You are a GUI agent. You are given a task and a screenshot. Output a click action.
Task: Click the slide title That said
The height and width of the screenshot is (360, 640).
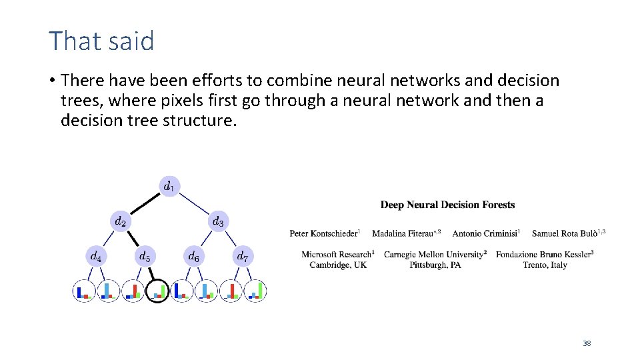101,41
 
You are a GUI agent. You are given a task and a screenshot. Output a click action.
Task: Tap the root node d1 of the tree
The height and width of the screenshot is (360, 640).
169,186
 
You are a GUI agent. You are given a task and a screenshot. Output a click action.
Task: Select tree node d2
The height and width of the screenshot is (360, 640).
121,221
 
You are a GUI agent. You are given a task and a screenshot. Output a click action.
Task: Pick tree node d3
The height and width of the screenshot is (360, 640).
218,221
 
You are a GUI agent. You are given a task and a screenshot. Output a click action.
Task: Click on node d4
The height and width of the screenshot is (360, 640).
96,256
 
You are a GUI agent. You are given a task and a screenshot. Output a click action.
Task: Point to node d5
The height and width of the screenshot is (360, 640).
145,256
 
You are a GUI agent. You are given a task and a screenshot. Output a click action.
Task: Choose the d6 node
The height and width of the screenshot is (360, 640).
193,256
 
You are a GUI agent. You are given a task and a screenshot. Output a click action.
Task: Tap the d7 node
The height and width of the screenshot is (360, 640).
242,256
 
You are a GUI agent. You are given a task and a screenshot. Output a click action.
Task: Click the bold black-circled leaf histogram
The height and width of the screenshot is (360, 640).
157,291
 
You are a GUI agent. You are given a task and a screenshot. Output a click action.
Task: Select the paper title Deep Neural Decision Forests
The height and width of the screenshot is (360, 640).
447,205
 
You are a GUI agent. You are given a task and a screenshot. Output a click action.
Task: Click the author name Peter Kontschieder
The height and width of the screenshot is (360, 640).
324,233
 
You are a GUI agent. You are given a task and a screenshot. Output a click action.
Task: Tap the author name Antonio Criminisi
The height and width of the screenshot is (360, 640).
485,233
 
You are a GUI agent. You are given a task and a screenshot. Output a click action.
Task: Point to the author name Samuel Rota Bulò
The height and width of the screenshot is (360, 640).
566,233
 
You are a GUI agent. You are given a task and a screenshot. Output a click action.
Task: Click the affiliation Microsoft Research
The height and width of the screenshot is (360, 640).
337,254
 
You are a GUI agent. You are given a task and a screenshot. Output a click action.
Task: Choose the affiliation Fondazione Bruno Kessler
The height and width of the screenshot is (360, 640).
544,254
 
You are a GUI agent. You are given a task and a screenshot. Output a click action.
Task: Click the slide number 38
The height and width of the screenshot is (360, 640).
587,343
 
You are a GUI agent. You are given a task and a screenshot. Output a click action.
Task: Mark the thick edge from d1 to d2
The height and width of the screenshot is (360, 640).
145,203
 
